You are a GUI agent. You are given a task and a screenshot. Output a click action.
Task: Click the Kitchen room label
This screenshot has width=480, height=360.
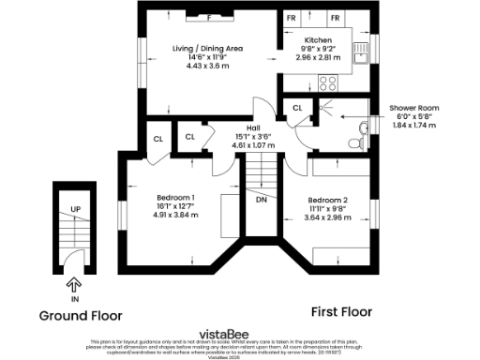click(x=316, y=41)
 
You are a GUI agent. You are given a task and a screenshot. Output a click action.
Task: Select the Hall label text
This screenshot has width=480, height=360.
click(x=252, y=128)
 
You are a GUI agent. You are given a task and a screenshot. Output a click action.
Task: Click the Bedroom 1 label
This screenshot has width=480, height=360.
click(x=176, y=197)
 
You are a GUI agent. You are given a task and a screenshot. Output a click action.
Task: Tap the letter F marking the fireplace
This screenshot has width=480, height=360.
click(x=209, y=18)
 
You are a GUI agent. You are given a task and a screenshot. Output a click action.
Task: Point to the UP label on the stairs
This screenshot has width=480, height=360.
click(x=75, y=208)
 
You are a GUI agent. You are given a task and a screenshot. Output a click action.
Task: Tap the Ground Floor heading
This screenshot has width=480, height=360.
click(x=80, y=315)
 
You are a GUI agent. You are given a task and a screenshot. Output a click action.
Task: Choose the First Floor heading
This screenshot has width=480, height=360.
click(x=341, y=311)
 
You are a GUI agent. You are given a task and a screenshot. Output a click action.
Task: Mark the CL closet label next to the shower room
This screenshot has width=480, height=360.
click(x=296, y=109)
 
